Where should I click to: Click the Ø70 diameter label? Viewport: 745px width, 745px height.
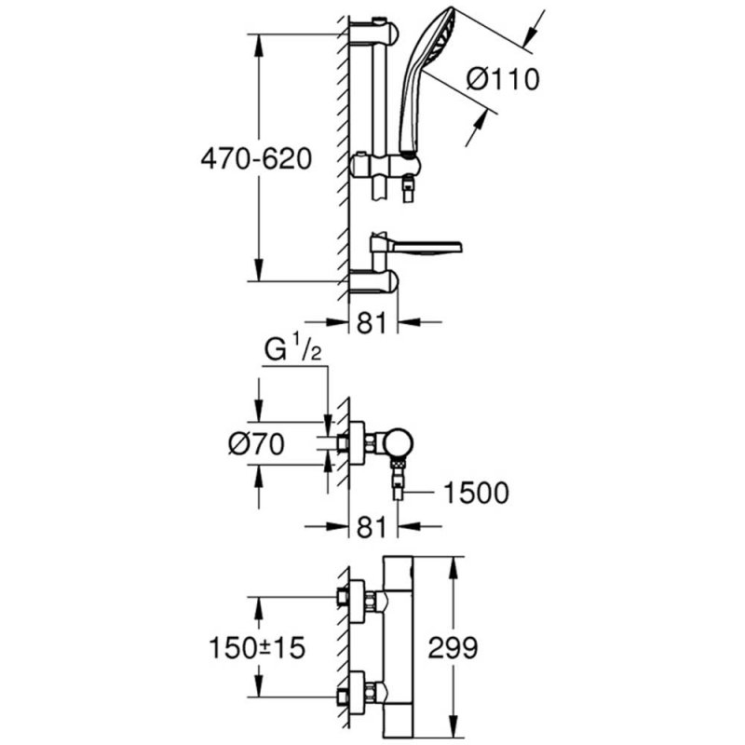point(255,444)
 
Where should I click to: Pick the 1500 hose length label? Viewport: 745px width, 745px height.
point(476,493)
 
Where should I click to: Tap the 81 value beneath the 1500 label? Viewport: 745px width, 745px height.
point(372,527)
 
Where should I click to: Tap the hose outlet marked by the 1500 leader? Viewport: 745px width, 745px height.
point(396,488)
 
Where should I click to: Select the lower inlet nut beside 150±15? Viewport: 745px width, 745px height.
point(356,695)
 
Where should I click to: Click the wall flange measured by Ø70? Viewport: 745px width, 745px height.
point(356,444)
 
